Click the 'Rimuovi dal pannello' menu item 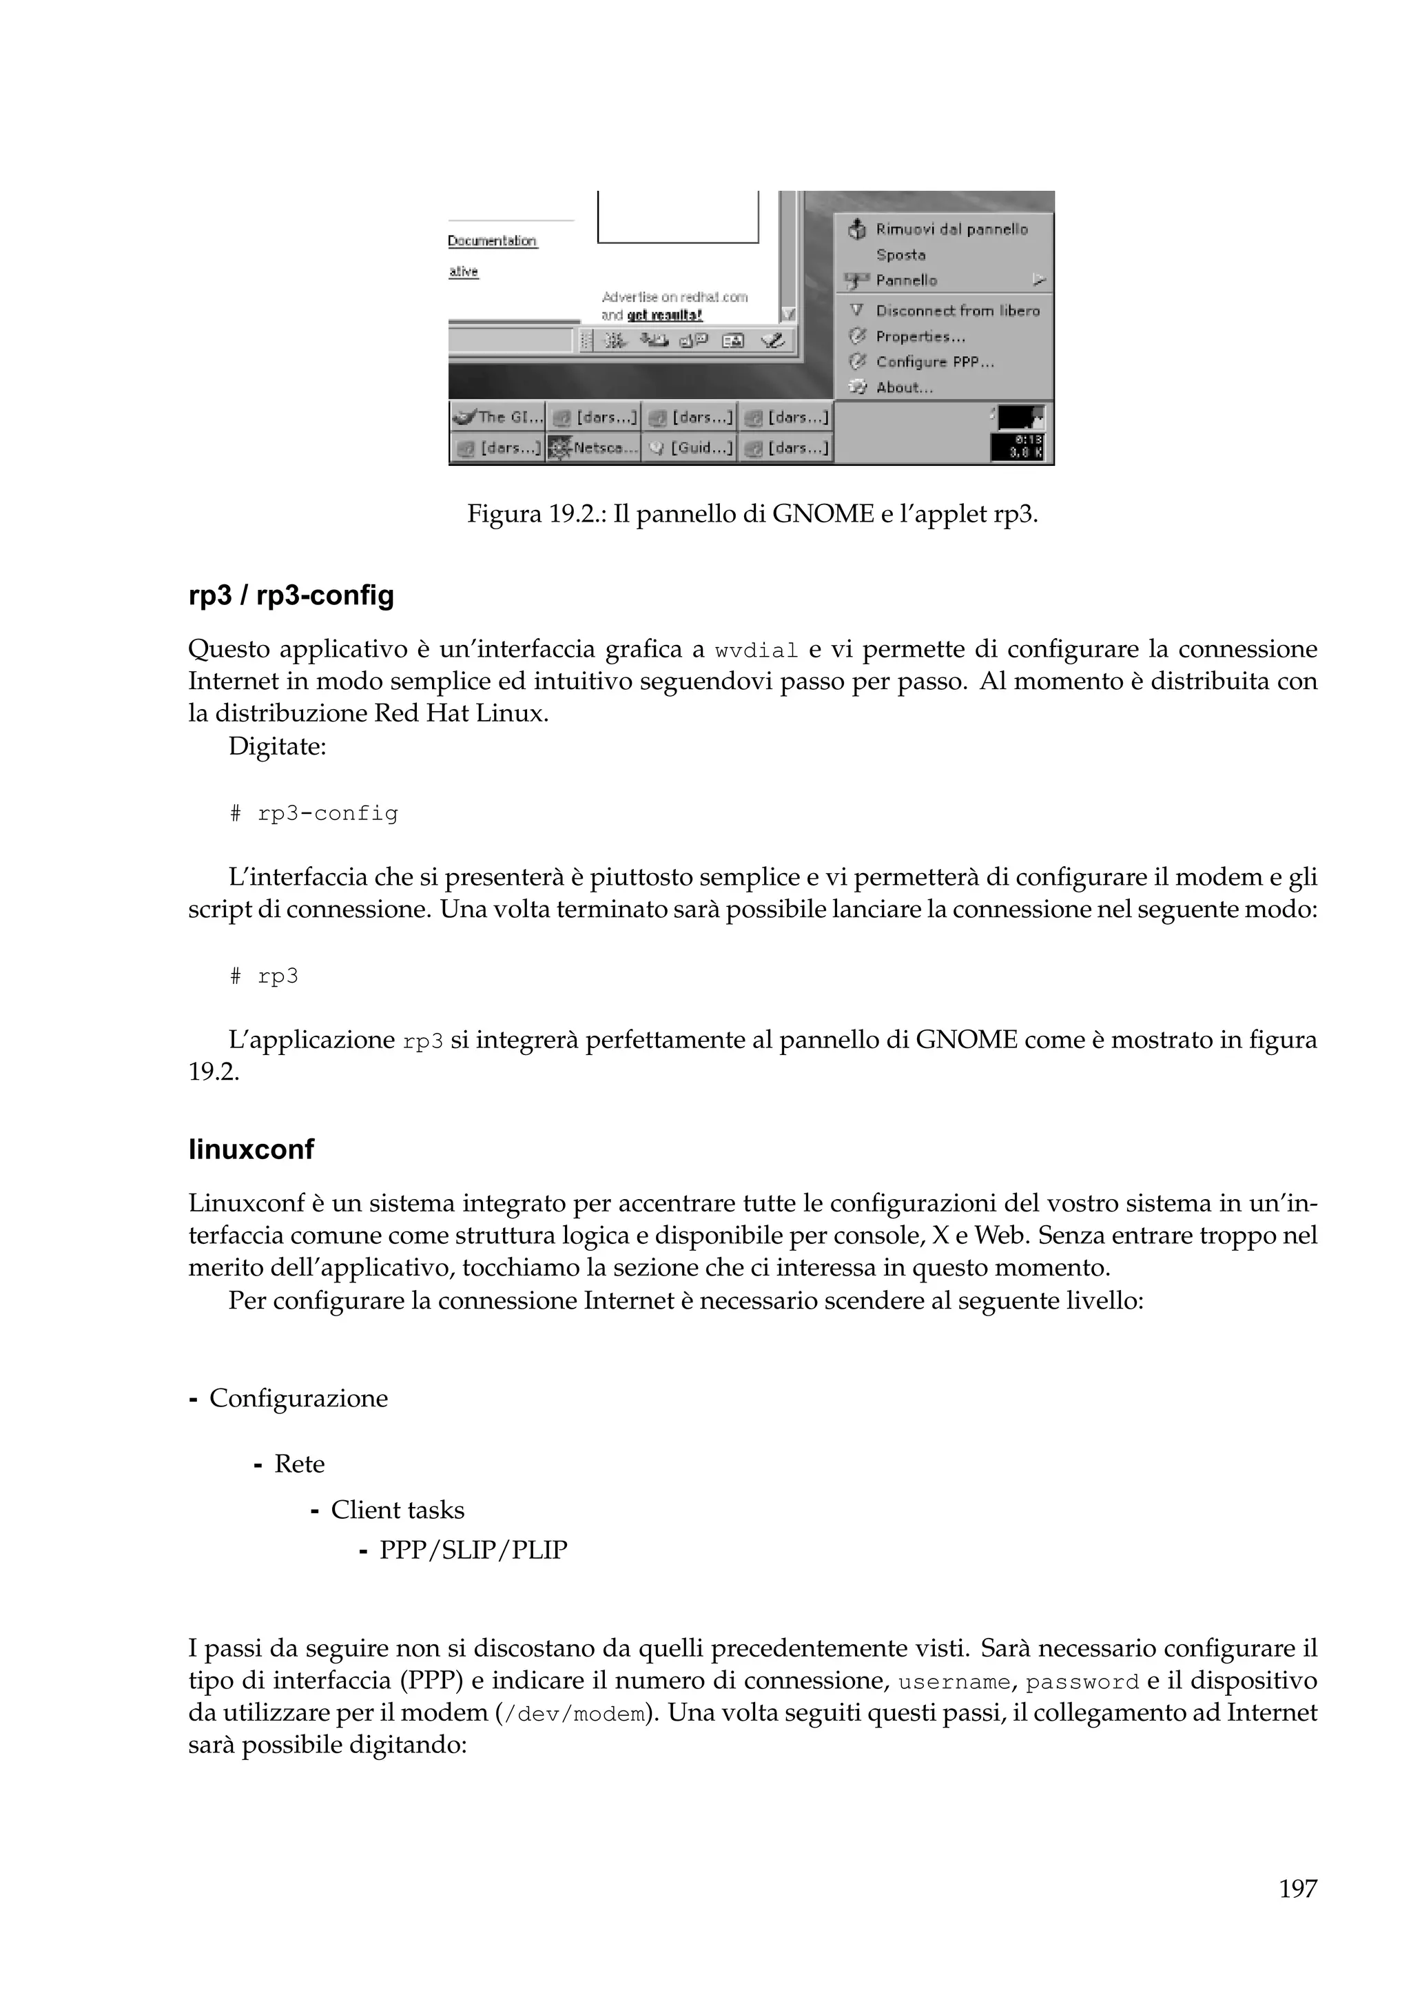[951, 229]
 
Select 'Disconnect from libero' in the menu [956, 311]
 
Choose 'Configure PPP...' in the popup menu [935, 362]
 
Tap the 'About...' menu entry [904, 388]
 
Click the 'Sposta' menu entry [900, 255]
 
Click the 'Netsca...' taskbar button [593, 449]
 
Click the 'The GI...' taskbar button [497, 418]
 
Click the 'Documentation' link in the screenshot [492, 241]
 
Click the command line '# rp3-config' [315, 814]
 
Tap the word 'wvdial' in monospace [756, 651]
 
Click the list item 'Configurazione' [298, 1399]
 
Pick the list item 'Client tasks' [398, 1510]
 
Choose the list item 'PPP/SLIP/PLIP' [473, 1550]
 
